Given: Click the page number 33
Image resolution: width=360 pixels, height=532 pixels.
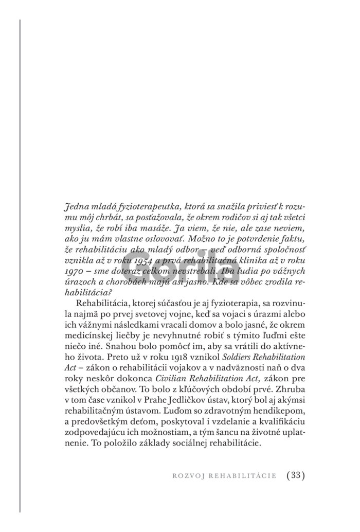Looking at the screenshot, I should [295, 475].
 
